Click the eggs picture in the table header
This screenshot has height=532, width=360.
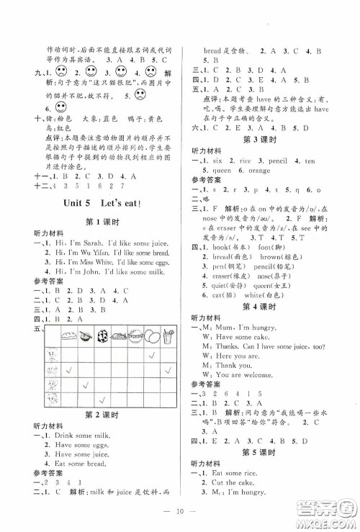click(151, 336)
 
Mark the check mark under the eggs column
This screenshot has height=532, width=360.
click(152, 356)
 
